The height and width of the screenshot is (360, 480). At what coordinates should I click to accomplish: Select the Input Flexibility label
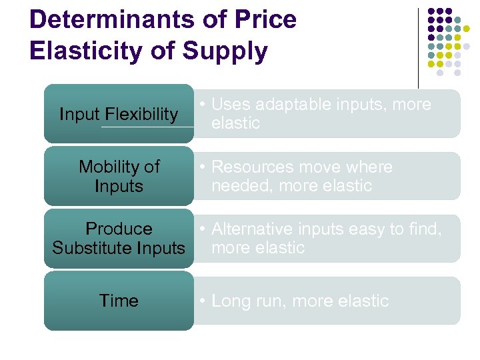[119, 114]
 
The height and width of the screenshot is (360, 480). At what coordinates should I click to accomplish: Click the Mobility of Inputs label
[119, 176]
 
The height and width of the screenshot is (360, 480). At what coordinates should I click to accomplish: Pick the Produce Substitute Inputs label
[119, 238]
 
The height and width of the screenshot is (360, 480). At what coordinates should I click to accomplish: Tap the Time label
[119, 301]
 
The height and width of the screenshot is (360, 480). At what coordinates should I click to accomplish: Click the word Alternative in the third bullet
[252, 229]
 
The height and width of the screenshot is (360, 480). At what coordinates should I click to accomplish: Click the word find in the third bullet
[425, 229]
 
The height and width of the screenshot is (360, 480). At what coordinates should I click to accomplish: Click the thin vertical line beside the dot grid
[419, 47]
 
